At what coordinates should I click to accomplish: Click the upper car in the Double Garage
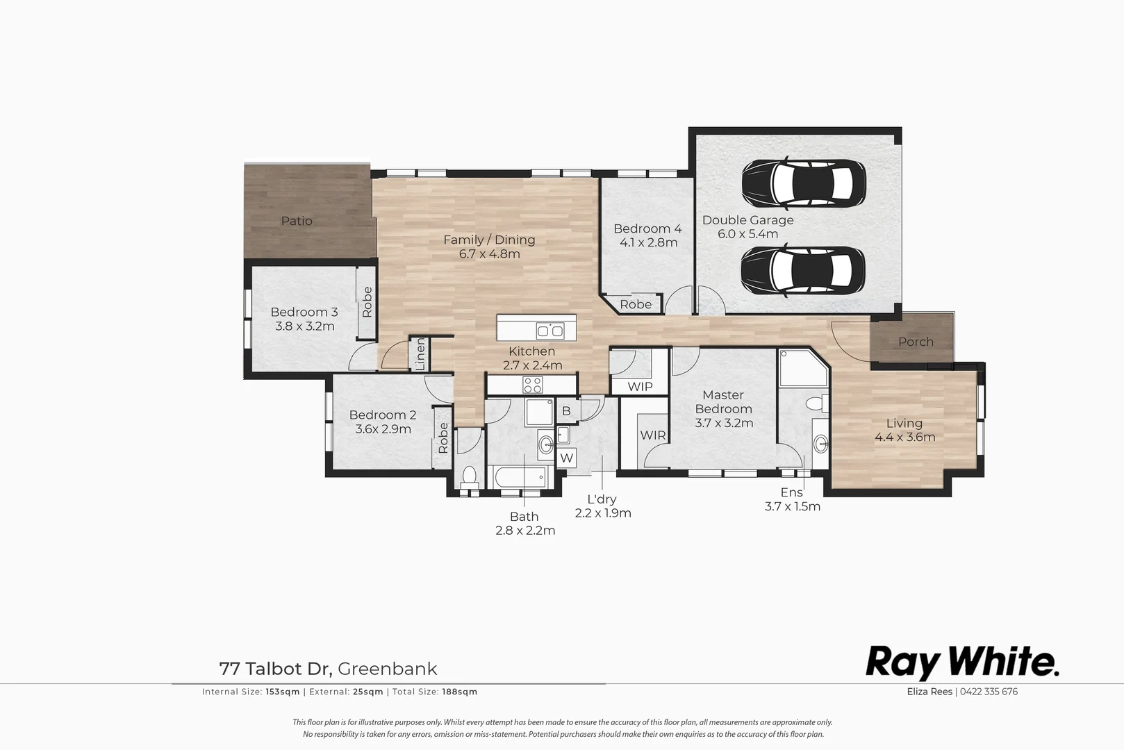click(x=804, y=183)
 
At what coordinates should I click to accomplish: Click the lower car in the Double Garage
click(x=804, y=271)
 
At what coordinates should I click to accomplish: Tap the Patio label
click(x=297, y=221)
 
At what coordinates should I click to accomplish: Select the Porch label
click(x=916, y=342)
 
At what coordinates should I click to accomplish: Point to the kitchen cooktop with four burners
click(x=532, y=384)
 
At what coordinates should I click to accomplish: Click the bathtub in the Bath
click(x=520, y=477)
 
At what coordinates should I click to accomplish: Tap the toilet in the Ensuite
click(x=816, y=403)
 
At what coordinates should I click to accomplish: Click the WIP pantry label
click(x=640, y=386)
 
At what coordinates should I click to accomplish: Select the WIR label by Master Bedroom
click(x=653, y=435)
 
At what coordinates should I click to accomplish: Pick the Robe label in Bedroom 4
click(x=636, y=304)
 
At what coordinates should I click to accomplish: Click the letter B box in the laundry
click(x=566, y=411)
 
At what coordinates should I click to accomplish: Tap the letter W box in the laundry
click(x=567, y=458)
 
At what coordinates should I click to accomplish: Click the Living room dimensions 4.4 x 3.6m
click(x=904, y=437)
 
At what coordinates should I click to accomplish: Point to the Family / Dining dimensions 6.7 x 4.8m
click(x=489, y=254)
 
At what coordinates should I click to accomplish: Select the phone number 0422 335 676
click(x=989, y=692)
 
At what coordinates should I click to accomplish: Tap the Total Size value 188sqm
click(x=459, y=692)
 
